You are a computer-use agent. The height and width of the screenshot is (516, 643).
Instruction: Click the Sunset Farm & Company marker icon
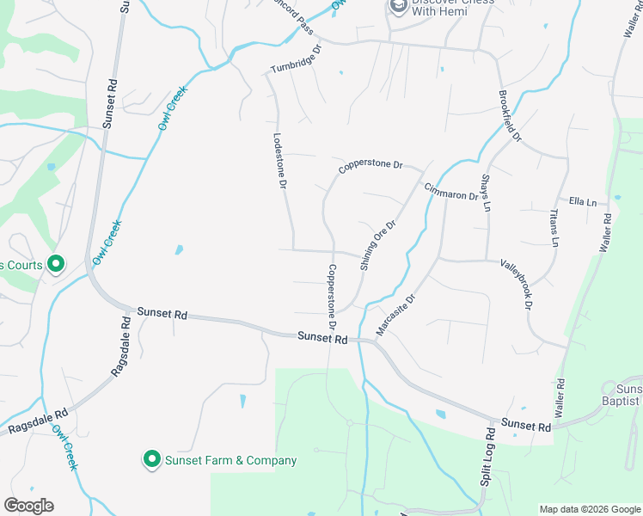152,460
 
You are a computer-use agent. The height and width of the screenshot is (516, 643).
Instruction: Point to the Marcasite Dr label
395,315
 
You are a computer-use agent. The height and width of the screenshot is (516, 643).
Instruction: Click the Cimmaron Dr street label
450,191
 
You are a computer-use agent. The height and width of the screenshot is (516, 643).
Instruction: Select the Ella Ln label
582,202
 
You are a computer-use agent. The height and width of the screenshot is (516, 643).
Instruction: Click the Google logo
28,506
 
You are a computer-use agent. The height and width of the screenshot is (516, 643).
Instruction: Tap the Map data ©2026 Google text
589,509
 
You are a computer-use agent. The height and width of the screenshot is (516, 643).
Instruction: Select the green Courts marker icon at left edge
57,265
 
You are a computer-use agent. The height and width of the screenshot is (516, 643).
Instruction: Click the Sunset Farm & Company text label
232,461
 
